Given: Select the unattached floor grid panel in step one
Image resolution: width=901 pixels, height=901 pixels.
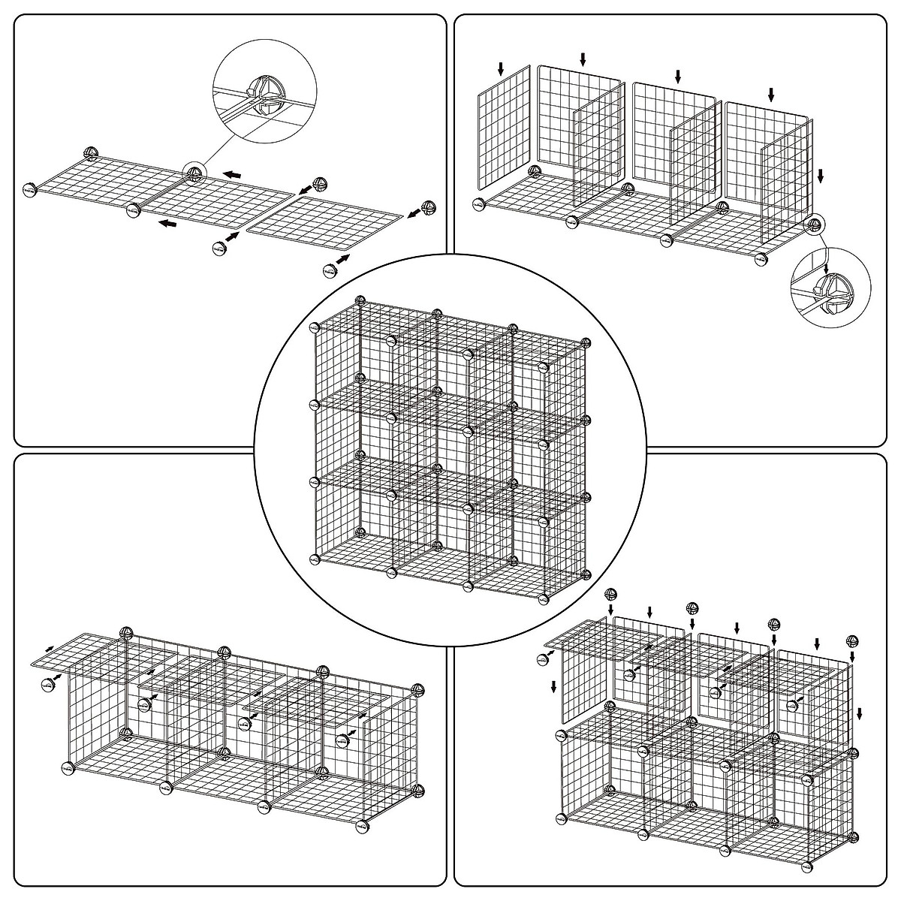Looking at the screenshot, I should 324,222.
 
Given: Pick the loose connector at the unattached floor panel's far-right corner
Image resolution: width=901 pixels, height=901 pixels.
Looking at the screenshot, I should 428,208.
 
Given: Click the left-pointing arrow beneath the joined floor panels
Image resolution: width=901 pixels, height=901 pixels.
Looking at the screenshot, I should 168,223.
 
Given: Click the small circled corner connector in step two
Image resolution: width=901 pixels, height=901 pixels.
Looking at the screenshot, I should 815,224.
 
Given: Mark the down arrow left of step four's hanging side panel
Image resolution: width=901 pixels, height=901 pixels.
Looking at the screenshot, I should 553,686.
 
